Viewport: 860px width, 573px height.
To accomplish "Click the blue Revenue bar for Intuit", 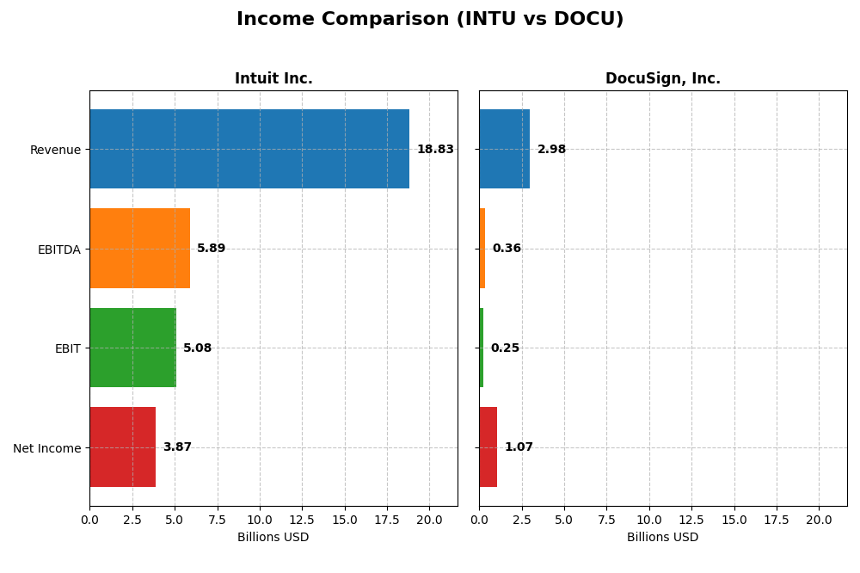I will click(x=249, y=149).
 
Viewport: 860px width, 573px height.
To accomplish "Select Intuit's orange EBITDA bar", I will click(x=139, y=249).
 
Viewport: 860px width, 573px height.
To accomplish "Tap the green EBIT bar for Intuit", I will click(x=132, y=348).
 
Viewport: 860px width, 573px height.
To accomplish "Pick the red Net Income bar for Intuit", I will click(x=122, y=447).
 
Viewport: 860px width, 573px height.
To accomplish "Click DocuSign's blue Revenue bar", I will click(x=504, y=149).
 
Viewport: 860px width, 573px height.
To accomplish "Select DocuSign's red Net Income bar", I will click(x=488, y=447).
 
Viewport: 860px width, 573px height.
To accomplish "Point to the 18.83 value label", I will click(x=435, y=150).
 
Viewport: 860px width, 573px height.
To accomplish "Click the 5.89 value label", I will click(x=211, y=249).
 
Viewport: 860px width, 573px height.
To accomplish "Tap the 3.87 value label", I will click(x=177, y=447).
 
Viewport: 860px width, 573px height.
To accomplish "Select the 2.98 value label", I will click(x=551, y=150).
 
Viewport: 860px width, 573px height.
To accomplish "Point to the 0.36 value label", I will click(x=507, y=249).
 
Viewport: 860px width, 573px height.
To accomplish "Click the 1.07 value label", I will click(x=519, y=447).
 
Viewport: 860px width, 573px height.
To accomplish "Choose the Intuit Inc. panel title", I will click(x=273, y=79).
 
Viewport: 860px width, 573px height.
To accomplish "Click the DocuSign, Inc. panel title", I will click(x=663, y=79).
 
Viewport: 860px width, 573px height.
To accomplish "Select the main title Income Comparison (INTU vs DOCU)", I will click(x=430, y=19).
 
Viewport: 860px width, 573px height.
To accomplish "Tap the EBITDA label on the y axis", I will click(x=59, y=250).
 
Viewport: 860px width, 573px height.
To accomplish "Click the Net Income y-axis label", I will click(x=47, y=448).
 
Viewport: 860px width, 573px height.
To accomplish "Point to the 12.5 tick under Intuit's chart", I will click(x=302, y=520).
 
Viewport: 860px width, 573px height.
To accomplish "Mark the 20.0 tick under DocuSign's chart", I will click(x=819, y=520).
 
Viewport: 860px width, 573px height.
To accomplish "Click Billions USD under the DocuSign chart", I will click(x=663, y=538).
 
